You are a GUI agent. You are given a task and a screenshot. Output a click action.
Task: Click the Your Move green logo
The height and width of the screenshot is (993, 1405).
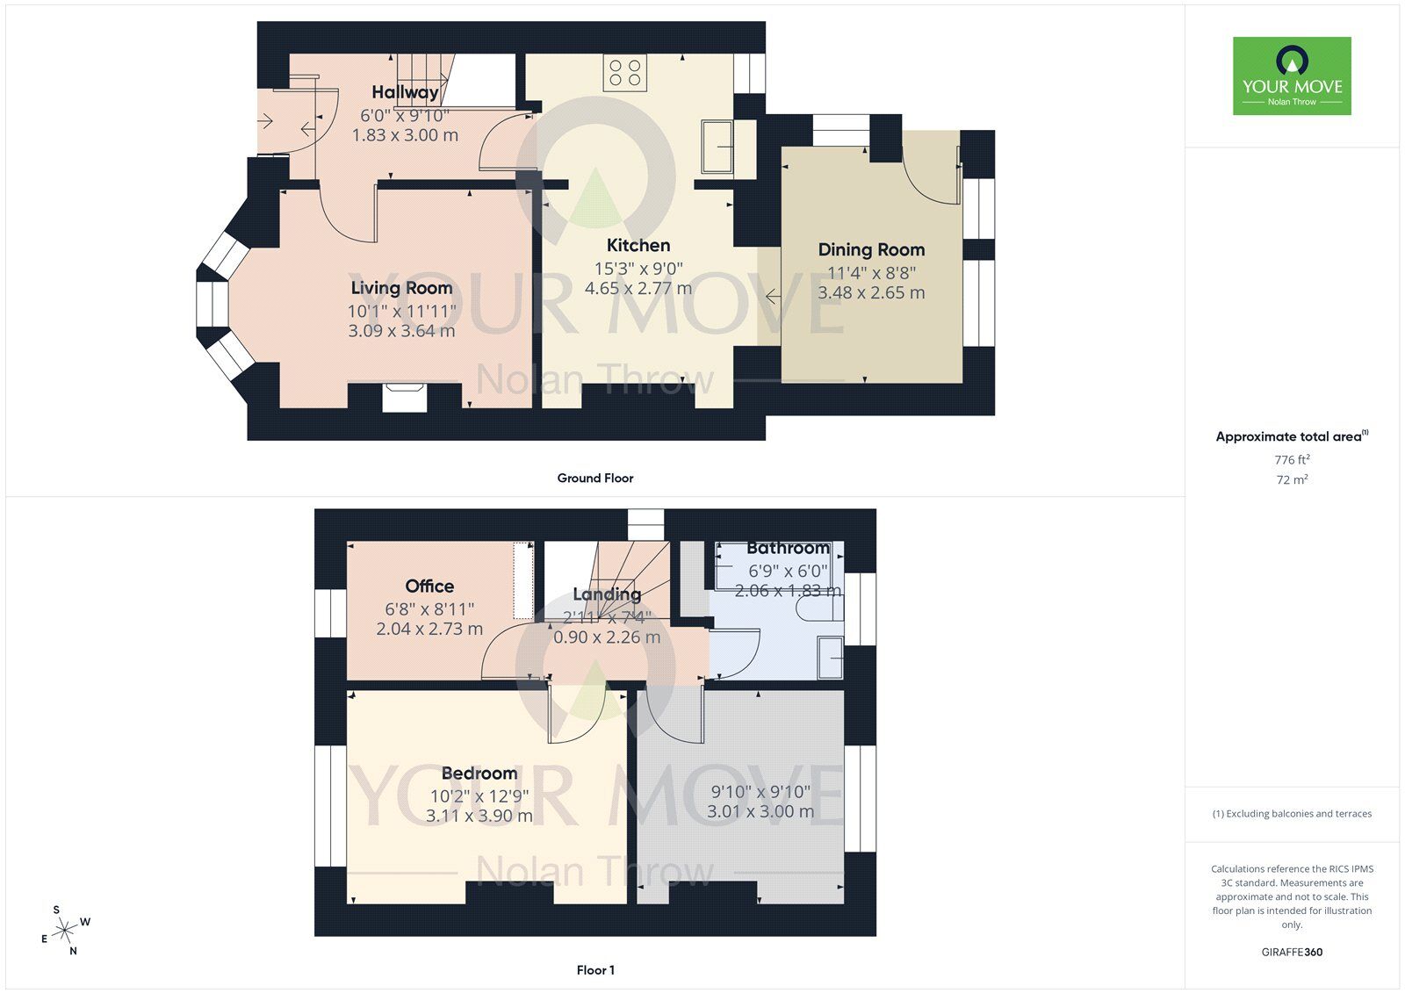(x=1292, y=76)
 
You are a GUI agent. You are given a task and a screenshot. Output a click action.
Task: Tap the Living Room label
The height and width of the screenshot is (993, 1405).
(x=401, y=288)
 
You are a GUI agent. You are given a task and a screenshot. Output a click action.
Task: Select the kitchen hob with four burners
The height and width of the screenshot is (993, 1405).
(x=624, y=72)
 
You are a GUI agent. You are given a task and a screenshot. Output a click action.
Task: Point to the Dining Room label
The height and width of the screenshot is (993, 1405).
(x=871, y=249)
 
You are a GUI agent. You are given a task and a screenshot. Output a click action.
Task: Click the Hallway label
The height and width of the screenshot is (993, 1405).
(x=405, y=92)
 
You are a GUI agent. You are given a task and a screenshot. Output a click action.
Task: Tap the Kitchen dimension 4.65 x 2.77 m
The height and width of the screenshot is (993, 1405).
(x=638, y=288)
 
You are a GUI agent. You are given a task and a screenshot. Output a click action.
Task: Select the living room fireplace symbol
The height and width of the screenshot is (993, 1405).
(x=405, y=396)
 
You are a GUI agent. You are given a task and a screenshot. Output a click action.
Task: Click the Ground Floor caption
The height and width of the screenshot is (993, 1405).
(x=594, y=479)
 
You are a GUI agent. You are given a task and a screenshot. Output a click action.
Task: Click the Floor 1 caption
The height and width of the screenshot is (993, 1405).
(x=594, y=970)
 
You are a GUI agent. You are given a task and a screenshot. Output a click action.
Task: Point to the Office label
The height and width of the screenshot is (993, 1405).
(x=429, y=586)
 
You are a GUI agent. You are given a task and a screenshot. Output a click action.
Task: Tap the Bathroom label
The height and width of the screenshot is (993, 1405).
(x=788, y=548)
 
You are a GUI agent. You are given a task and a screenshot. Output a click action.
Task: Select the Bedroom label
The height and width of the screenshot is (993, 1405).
(x=479, y=774)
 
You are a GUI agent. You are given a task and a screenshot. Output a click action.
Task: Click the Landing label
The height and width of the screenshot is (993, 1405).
(x=607, y=594)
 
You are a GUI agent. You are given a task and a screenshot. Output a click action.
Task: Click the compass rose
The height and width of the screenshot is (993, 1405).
(x=67, y=931)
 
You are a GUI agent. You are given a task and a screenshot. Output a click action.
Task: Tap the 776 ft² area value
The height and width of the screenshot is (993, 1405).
(x=1292, y=459)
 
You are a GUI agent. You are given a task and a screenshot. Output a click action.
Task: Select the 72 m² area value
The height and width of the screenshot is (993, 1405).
(x=1292, y=479)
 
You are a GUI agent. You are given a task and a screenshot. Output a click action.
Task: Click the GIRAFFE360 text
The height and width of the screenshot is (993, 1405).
(x=1292, y=952)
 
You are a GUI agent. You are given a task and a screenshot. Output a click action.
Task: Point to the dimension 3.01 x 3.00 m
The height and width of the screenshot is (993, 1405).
(x=760, y=812)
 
